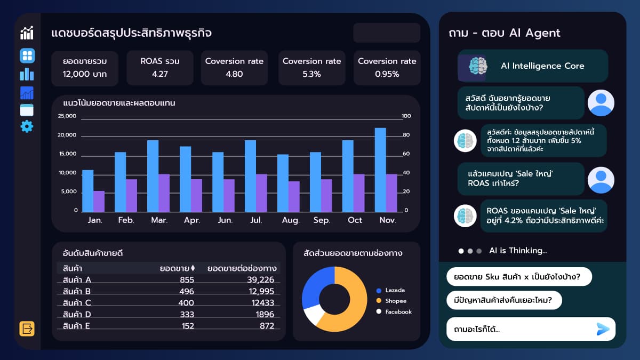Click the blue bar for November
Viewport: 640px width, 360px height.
pyautogui.click(x=380, y=170)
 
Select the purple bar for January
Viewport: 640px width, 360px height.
pyautogui.click(x=99, y=201)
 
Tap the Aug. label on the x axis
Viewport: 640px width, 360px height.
pyautogui.click(x=290, y=220)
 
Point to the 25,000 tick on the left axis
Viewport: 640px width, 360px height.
pyautogui.click(x=67, y=116)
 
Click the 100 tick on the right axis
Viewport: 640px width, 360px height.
pyautogui.click(x=406, y=116)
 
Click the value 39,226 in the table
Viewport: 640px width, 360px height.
pyautogui.click(x=260, y=280)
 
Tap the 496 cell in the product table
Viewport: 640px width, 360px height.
pyautogui.click(x=187, y=291)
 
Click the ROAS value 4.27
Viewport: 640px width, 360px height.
pyautogui.click(x=159, y=74)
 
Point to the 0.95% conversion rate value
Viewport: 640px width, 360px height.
pyautogui.click(x=387, y=74)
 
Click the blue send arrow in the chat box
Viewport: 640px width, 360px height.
pyautogui.click(x=603, y=329)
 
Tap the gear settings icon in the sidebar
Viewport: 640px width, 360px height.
pyautogui.click(x=27, y=126)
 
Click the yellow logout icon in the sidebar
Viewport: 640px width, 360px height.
pyautogui.click(x=27, y=329)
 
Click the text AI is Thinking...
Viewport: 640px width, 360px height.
pyautogui.click(x=518, y=251)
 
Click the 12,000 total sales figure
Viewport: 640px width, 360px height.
pyautogui.click(x=84, y=74)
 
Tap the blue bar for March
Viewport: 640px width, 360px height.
pyautogui.click(x=153, y=176)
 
